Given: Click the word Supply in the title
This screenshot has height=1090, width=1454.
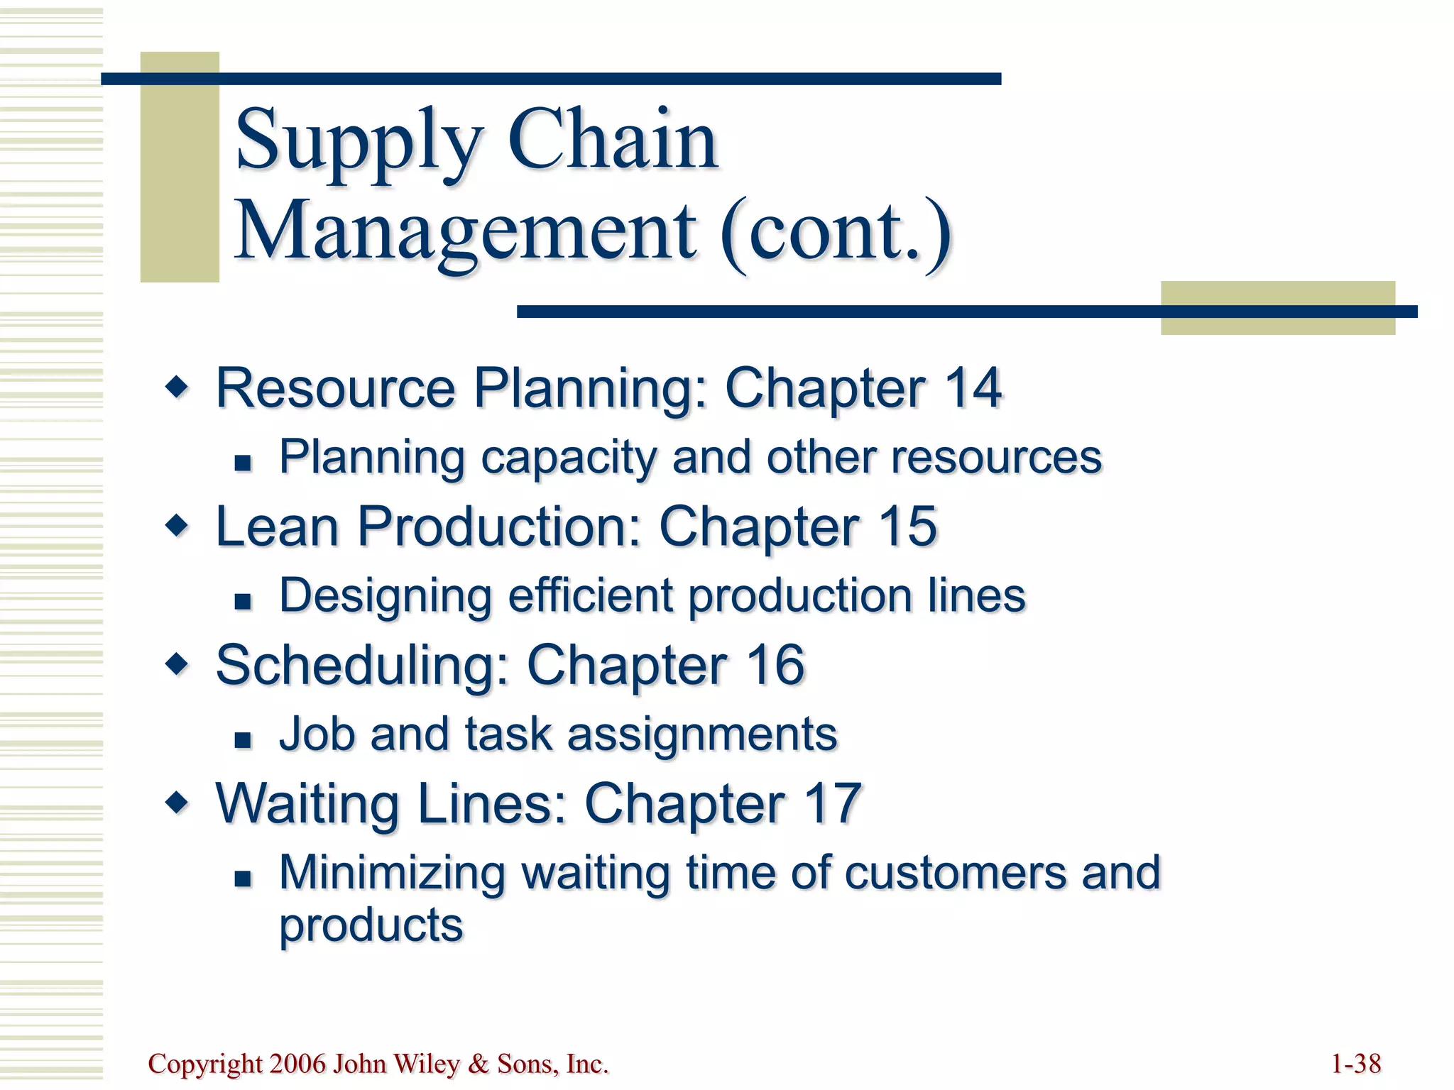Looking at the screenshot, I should [x=359, y=141].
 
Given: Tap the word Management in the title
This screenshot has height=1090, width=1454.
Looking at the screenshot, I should [x=466, y=231].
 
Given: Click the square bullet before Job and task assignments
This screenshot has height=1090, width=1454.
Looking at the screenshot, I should [x=244, y=740].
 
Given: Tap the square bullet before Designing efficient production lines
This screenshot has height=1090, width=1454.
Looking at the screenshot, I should [x=244, y=602].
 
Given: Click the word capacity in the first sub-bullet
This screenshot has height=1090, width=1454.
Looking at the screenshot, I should [x=568, y=458].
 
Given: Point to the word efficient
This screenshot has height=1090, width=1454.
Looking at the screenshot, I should [x=590, y=595].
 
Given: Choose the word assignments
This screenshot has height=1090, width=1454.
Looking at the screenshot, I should [x=702, y=734].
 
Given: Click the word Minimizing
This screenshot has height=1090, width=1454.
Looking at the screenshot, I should [x=392, y=872].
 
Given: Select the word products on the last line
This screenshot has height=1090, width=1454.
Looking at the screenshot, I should [x=371, y=926].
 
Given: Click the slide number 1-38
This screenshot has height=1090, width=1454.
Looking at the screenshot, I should [x=1355, y=1064].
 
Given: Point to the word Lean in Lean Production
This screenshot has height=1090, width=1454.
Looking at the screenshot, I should [x=277, y=527].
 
